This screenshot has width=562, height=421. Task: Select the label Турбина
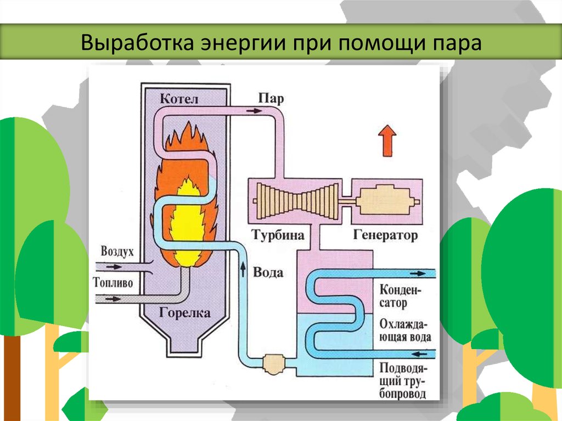[278, 235]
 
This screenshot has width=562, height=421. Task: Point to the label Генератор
[386, 235]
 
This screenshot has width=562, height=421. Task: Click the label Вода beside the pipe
[268, 272]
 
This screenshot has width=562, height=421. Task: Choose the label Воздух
[117, 252]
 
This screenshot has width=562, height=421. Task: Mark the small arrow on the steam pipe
[253, 110]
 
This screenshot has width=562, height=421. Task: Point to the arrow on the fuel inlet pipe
[114, 299]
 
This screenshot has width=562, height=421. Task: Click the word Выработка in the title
[133, 43]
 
